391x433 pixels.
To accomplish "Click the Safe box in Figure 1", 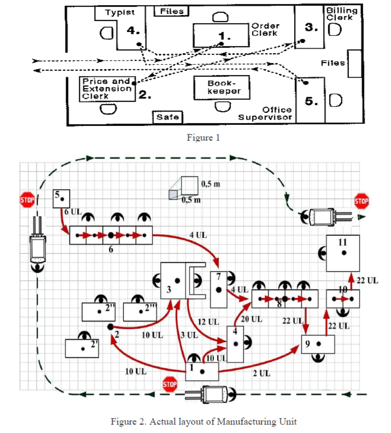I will pyautogui.click(x=168, y=117).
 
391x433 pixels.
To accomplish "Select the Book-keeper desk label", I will pyautogui.click(x=223, y=87).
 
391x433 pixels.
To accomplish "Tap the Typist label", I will pyautogui.click(x=120, y=12).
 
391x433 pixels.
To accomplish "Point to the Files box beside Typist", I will pyautogui.click(x=172, y=11).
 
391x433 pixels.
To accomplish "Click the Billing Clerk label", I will pyautogui.click(x=341, y=14).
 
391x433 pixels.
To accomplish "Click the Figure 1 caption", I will pyautogui.click(x=203, y=138).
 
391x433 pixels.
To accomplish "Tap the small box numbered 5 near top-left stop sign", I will pyautogui.click(x=62, y=198).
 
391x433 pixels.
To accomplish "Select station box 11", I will pyautogui.click(x=343, y=253).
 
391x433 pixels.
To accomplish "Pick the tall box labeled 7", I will pyautogui.click(x=219, y=289).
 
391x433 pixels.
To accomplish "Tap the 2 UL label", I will pyautogui.click(x=261, y=373).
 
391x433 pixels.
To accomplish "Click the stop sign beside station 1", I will pyautogui.click(x=170, y=384).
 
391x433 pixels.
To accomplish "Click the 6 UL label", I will pyautogui.click(x=72, y=212).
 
